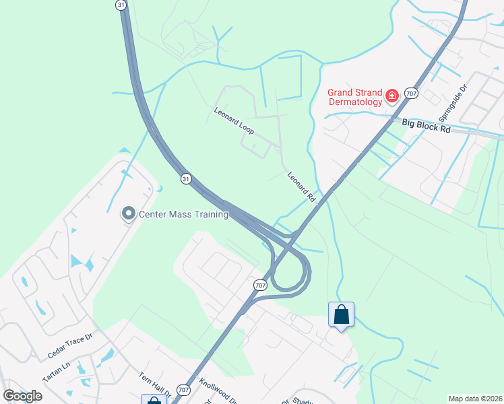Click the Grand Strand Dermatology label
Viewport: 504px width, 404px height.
pos(355,97)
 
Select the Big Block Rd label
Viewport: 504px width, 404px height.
pos(426,125)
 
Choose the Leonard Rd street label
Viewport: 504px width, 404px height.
pos(301,187)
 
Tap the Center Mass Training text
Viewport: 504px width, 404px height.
pos(183,215)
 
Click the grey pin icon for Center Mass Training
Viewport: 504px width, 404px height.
pos(127,214)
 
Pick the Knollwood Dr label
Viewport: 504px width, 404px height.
pos(218,391)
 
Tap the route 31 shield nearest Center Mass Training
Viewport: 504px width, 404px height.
pos(186,178)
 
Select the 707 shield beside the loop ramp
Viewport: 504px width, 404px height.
pos(260,285)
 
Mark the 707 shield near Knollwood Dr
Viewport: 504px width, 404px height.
pos(183,390)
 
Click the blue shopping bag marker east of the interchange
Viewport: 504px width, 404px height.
pos(341,314)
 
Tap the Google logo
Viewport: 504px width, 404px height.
pos(22,396)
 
